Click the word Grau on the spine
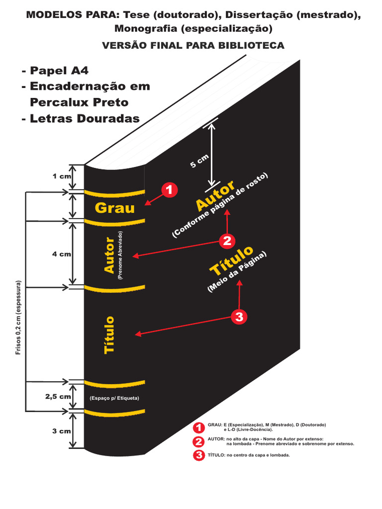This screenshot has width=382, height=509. coord(115,207)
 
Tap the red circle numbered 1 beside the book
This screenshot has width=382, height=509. coord(169,190)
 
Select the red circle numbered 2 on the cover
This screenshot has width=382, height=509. coord(227,241)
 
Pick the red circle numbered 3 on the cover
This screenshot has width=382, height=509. coord(239,317)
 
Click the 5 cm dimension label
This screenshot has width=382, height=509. coord(200,161)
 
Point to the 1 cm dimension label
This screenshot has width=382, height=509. coord(62,176)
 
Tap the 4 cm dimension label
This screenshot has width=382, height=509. coord(62,254)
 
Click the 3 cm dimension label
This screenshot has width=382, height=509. coord(62,431)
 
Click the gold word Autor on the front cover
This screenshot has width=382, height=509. coord(215,197)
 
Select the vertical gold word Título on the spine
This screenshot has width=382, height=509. coord(109,335)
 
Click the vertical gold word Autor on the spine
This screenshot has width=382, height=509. coord(109,254)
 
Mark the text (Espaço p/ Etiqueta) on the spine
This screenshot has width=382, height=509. coord(114,398)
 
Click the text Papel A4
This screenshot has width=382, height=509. coord(55,70)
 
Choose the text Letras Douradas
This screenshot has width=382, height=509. coord(80,118)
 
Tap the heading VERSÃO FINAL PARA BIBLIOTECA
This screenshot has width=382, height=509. coord(193,46)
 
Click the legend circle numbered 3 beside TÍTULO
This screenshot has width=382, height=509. coord(199,455)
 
